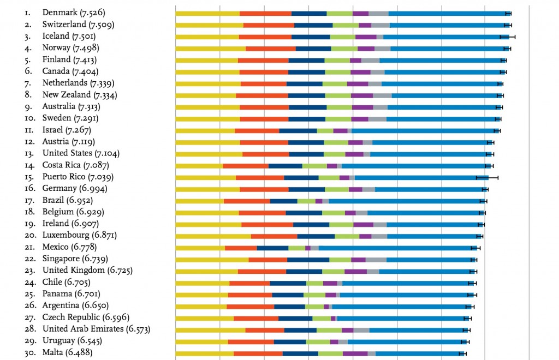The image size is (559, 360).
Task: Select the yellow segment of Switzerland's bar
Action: pyautogui.click(x=209, y=25)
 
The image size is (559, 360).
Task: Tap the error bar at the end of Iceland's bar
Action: pyautogui.click(x=507, y=37)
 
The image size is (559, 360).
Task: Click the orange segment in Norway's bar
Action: pyautogui.click(x=271, y=48)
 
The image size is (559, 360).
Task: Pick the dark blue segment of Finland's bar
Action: pyautogui.click(x=306, y=60)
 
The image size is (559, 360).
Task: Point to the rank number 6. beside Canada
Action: pyautogui.click(x=28, y=71)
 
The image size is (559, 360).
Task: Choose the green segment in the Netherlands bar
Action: pyautogui.click(x=335, y=83)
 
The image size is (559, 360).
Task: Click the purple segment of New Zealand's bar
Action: pyautogui.click(x=362, y=95)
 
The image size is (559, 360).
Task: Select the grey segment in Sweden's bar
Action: pyautogui.click(x=377, y=118)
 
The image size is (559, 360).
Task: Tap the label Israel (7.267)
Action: pyautogui.click(x=66, y=130)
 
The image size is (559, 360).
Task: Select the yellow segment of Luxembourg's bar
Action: pyautogui.click(x=213, y=236)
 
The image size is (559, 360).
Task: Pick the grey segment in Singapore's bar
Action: pyautogui.click(x=376, y=259)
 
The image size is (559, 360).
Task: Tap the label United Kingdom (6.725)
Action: pyautogui.click(x=87, y=271)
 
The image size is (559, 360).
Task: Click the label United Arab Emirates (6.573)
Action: pyautogui.click(x=96, y=329)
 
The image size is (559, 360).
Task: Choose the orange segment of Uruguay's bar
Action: pyautogui.click(x=251, y=341)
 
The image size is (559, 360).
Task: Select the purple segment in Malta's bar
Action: pyautogui.click(x=355, y=353)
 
